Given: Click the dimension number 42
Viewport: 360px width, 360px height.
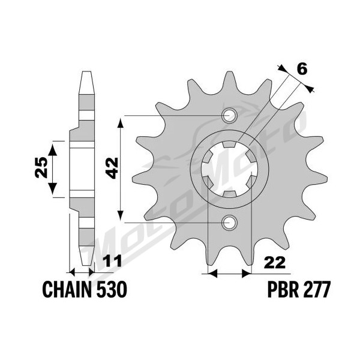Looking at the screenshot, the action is (113, 168).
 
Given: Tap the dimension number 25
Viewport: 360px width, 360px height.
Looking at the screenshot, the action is (41, 167).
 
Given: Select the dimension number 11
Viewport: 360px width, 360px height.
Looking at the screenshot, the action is (112, 262).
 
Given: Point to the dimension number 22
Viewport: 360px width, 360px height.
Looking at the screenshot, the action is (275, 263).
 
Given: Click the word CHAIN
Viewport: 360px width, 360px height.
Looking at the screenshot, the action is (68, 290).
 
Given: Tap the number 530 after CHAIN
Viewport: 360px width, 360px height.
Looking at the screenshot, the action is (112, 290).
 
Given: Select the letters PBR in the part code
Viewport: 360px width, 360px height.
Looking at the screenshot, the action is (283, 290).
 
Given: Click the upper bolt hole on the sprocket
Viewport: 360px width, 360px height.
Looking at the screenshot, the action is (229, 115).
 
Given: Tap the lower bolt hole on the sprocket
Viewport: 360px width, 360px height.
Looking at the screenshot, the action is (229, 223).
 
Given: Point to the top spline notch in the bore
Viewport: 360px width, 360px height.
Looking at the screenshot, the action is (229, 145).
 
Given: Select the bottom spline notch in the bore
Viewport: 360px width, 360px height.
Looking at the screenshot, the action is (230, 194).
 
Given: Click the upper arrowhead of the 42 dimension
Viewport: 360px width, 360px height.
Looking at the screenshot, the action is (121, 122).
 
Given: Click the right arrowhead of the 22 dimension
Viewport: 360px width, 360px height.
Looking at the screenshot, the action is (246, 274).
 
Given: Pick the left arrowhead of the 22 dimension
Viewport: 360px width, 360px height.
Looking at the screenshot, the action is (212, 274).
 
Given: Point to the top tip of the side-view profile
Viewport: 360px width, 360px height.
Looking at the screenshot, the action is (86, 71).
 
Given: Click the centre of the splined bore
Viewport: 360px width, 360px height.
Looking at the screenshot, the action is (229, 169).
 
